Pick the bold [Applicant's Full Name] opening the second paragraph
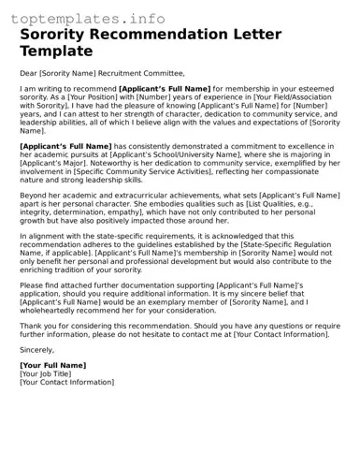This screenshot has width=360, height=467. pos(65,146)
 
